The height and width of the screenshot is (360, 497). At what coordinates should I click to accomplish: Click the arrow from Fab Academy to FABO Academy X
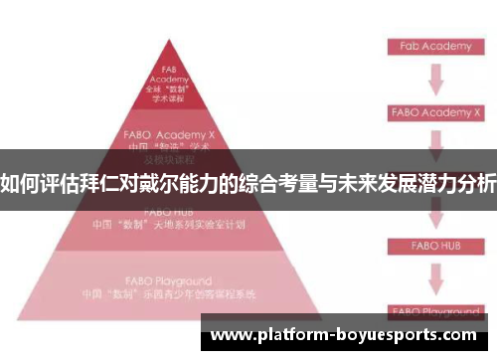(x=434, y=79)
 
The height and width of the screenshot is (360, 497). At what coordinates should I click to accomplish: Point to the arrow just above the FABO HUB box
(x=434, y=213)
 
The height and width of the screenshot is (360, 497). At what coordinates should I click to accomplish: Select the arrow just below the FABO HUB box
(x=434, y=277)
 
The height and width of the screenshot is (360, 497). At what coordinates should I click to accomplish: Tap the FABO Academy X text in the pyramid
(x=168, y=132)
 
